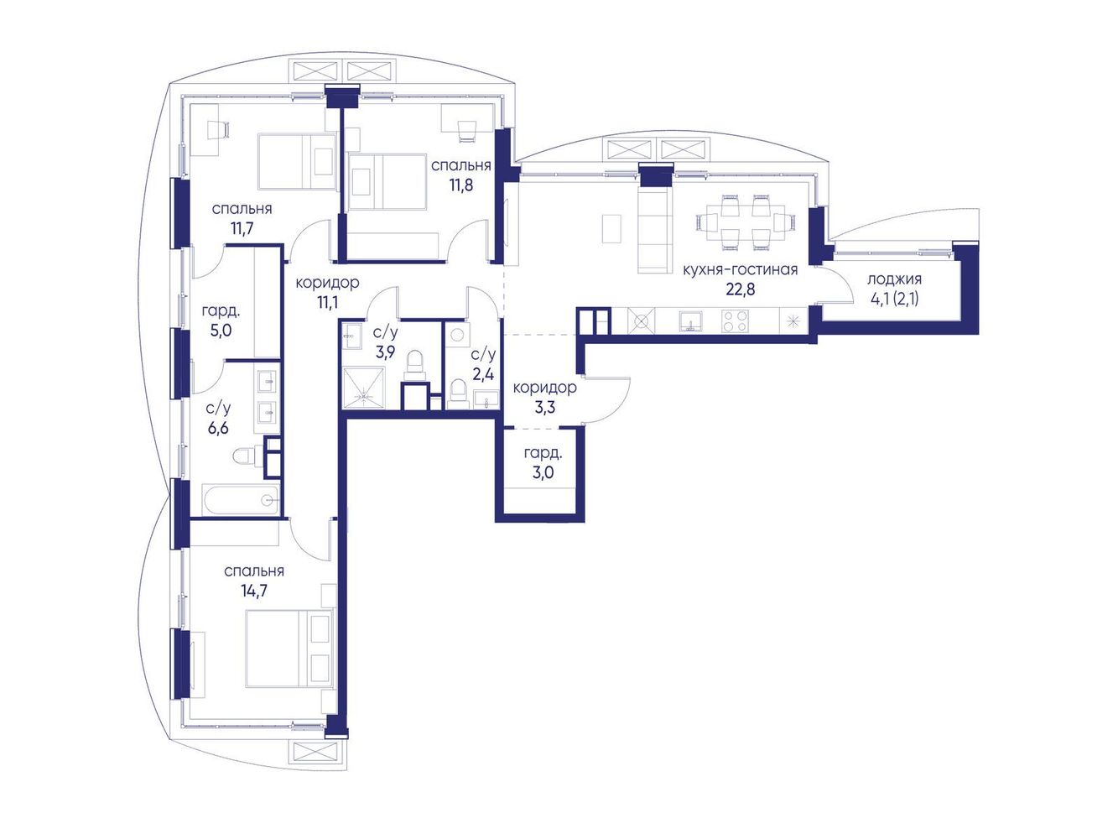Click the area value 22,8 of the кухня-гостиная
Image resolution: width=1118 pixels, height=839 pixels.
740,289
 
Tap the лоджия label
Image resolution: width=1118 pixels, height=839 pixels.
894,279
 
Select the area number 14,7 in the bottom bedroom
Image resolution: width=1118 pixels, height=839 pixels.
253,591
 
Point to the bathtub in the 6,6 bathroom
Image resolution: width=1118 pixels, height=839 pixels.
242,500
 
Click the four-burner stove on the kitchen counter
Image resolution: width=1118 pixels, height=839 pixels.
735,321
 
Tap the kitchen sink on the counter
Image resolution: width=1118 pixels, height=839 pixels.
690,321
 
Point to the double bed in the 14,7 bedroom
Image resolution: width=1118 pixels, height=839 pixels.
289,649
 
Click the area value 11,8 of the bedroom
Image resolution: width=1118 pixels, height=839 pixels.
461,185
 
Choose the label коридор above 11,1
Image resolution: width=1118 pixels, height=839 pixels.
327,282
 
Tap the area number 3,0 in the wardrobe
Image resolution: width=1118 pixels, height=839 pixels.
543,472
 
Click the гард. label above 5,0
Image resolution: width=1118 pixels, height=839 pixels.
221,310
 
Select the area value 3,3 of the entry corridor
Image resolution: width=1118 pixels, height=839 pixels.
544,407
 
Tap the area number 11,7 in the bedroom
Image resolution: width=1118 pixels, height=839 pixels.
242,227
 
